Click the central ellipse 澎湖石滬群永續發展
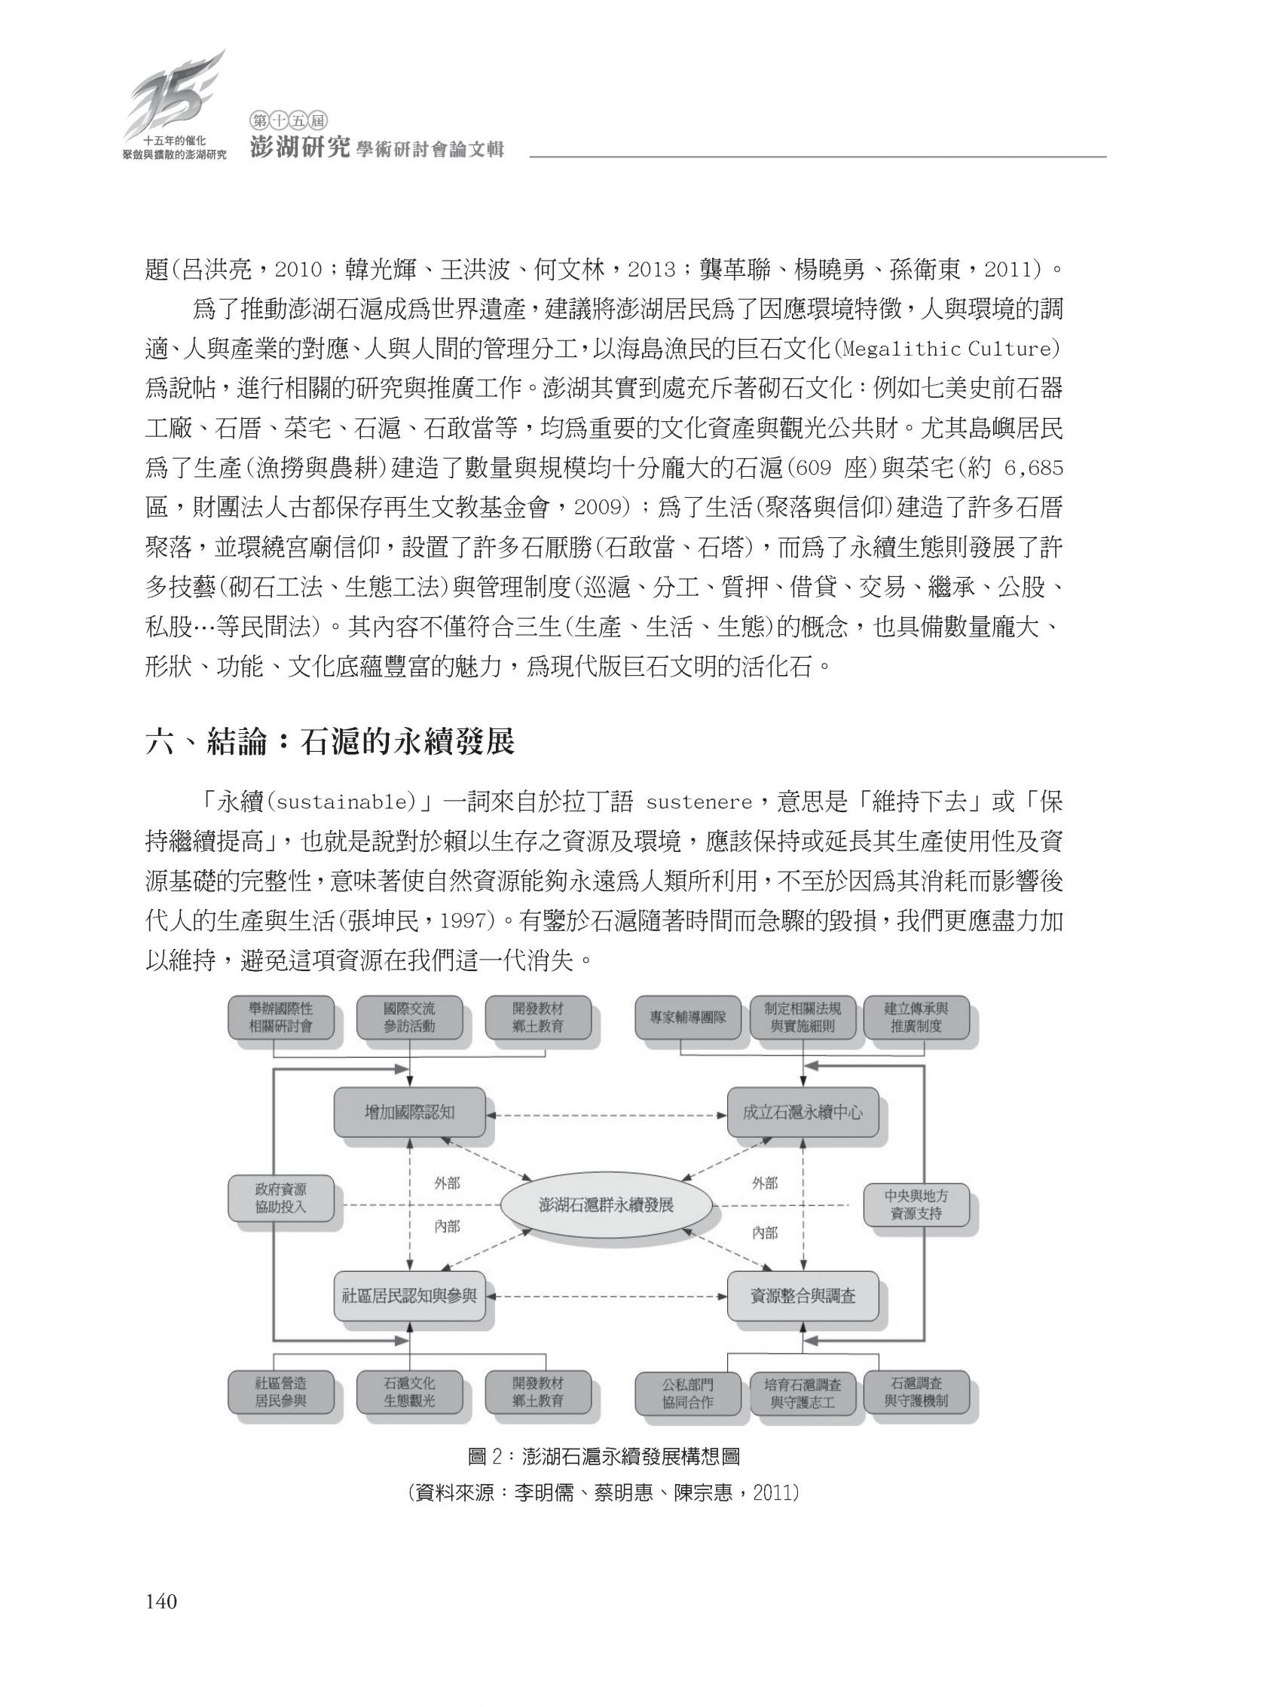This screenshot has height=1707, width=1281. pos(606,1205)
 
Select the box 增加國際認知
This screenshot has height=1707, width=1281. pos(409,1112)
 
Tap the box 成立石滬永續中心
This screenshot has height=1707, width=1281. pos(803,1112)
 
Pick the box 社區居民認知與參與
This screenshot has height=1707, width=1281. pos(409,1296)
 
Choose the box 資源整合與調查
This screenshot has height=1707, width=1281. pos(803,1296)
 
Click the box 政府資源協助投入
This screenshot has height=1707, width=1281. pos(280,1199)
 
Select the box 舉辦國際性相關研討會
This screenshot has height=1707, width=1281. pos(280,1017)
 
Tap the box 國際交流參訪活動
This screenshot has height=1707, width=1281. pos(409,1017)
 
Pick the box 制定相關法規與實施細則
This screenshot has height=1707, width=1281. pos(803,1017)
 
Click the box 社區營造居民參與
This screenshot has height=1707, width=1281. pos(280,1391)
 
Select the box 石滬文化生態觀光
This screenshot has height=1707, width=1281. pos(409,1391)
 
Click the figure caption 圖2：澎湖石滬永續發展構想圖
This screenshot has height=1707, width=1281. pos(604,1455)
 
